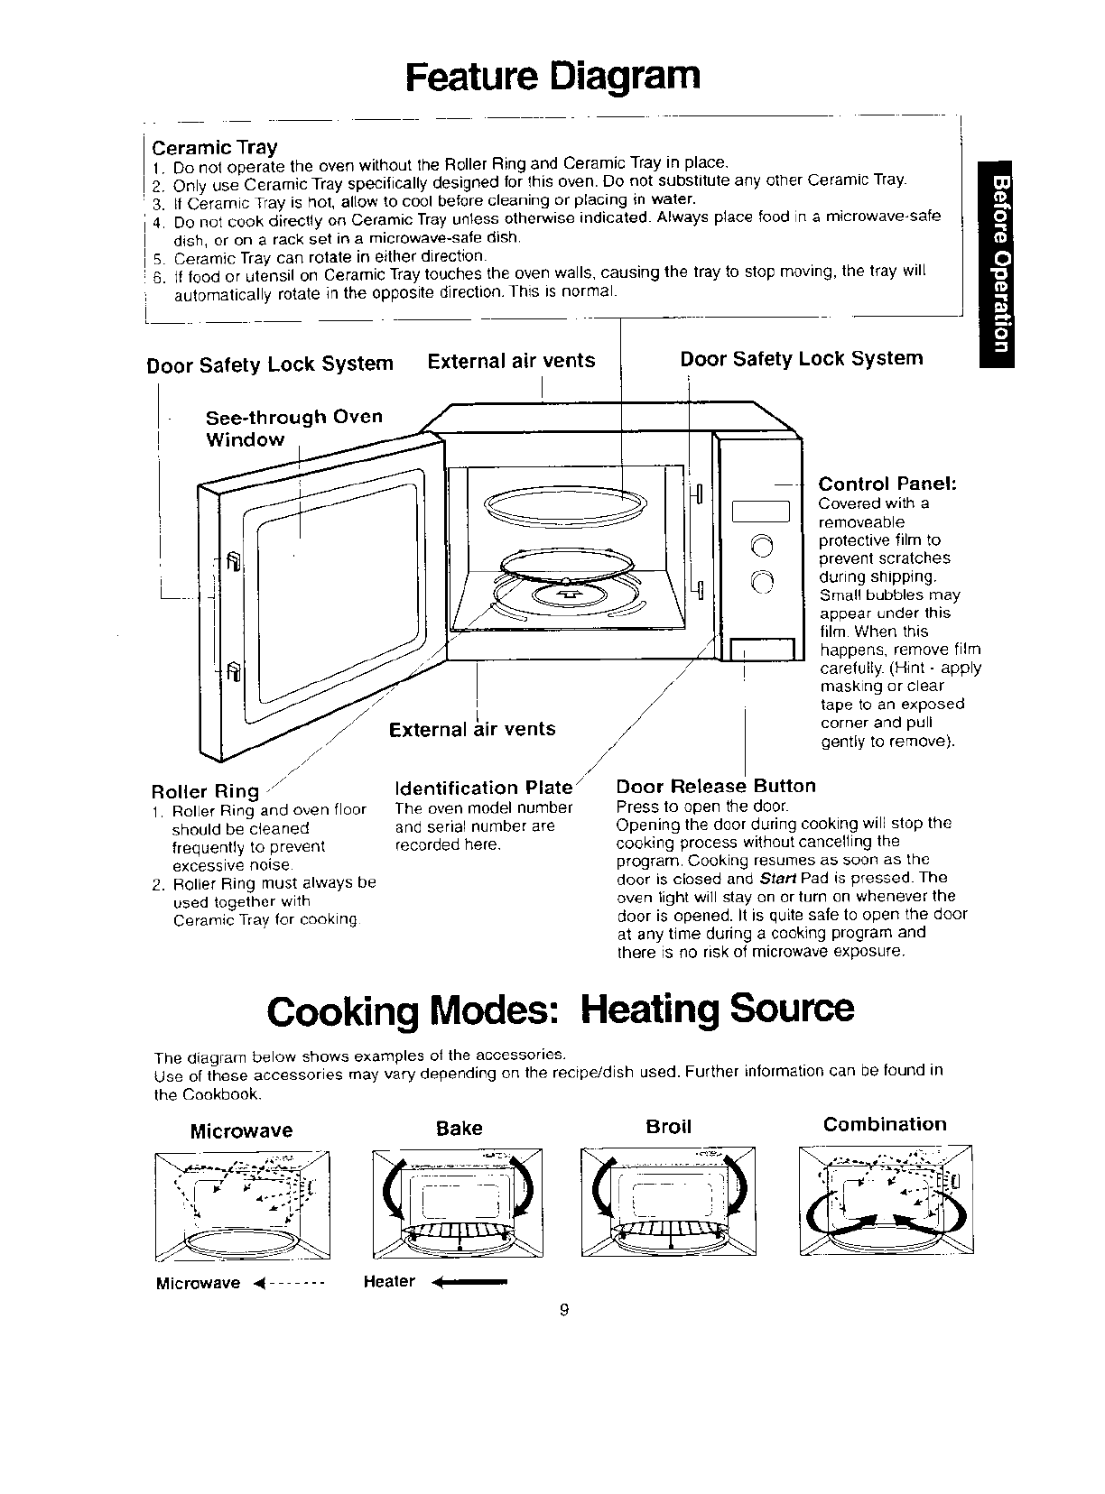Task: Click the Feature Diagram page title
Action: click(x=552, y=76)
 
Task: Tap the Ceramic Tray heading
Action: click(x=214, y=147)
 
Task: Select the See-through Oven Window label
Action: click(x=294, y=429)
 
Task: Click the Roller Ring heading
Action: click(x=205, y=791)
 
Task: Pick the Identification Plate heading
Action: click(x=484, y=787)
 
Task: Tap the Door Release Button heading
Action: click(x=715, y=786)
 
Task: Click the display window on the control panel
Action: click(x=761, y=512)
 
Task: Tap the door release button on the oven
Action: click(x=761, y=650)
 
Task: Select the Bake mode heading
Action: click(x=459, y=1128)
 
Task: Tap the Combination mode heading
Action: click(x=885, y=1124)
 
